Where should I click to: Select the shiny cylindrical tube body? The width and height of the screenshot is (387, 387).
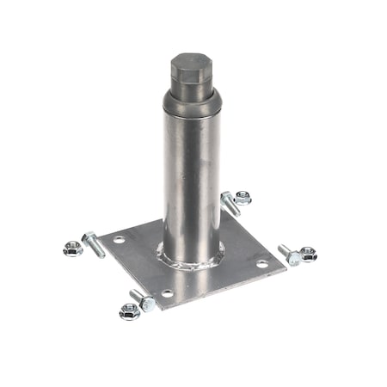(x=190, y=181)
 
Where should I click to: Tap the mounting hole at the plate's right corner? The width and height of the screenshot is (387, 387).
(x=261, y=263)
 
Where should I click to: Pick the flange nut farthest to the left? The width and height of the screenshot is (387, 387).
(x=73, y=249)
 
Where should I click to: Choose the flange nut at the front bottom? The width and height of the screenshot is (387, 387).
(x=130, y=311)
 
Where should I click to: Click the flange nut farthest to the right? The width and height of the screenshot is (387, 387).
(x=307, y=254)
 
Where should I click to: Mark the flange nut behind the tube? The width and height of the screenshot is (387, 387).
(x=243, y=198)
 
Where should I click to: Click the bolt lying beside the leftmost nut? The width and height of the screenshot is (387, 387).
(x=93, y=243)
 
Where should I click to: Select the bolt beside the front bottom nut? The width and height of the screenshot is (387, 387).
(x=144, y=300)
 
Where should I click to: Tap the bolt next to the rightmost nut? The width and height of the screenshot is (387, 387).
(x=290, y=254)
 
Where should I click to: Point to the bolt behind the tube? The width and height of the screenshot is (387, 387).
(x=230, y=203)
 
